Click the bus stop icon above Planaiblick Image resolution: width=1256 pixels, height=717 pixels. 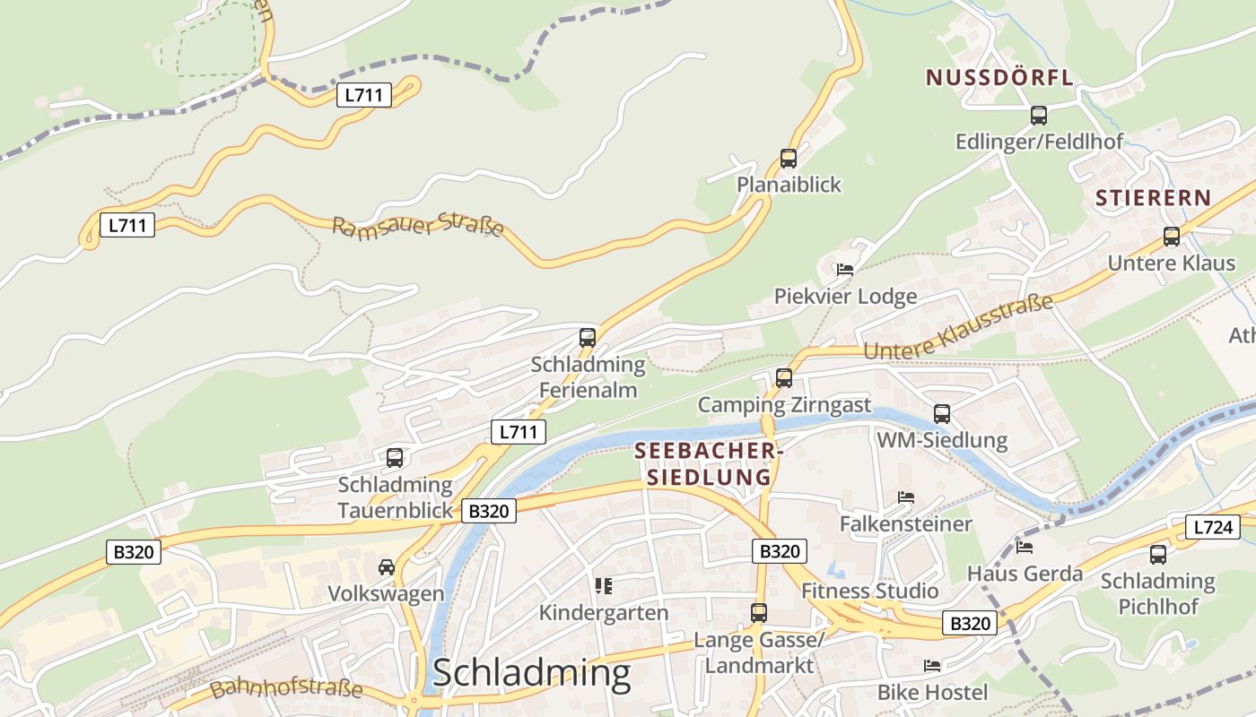click(x=789, y=159)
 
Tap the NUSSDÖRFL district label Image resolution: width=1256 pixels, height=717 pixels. click(x=999, y=78)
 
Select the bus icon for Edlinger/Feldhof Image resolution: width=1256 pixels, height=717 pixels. click(x=1039, y=116)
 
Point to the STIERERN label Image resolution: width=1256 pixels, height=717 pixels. click(x=1153, y=198)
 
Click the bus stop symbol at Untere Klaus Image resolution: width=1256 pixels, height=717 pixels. click(x=1172, y=237)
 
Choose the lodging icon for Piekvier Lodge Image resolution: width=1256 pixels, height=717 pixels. click(x=844, y=269)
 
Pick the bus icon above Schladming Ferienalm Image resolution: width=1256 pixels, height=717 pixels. click(x=588, y=338)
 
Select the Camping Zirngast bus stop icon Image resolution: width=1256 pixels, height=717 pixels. click(x=784, y=378)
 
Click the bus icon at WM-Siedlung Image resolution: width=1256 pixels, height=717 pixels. click(x=942, y=413)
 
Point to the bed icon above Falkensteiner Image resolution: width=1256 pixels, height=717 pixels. click(x=905, y=497)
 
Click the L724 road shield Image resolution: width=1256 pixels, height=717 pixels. click(x=1211, y=527)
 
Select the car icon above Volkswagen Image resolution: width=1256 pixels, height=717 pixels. click(x=386, y=567)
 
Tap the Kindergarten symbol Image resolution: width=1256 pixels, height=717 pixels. click(x=604, y=586)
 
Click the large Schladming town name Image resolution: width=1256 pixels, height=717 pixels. click(x=531, y=673)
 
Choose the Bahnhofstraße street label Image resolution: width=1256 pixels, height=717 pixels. click(x=287, y=688)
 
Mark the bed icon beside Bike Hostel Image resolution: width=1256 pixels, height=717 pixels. click(x=932, y=666)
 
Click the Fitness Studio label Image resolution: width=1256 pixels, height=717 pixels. click(x=869, y=591)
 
